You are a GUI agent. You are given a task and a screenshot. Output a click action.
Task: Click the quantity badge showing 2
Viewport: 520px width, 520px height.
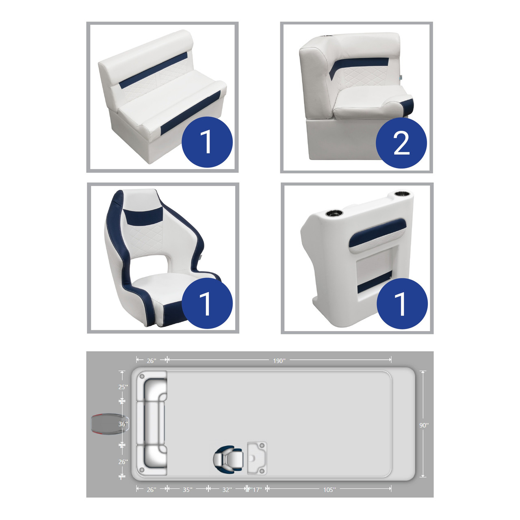[401, 143]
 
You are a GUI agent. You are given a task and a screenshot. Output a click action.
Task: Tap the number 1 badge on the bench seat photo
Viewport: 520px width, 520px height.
[207, 142]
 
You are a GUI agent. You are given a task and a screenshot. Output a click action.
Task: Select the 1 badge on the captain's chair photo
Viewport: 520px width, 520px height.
[207, 303]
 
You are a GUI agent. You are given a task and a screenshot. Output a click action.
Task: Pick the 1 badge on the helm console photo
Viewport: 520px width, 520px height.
[402, 303]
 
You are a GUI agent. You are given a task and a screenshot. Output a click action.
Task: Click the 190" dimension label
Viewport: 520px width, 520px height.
[279, 361]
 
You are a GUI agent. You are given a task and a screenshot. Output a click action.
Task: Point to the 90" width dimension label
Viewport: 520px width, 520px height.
[424, 425]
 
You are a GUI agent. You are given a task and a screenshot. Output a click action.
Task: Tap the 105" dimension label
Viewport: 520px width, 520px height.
[329, 490]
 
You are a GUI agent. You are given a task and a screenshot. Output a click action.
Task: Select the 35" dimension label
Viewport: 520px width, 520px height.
[188, 490]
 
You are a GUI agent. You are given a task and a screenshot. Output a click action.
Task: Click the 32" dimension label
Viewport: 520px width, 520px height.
[227, 490]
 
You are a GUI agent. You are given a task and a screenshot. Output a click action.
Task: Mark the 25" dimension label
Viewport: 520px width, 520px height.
[123, 387]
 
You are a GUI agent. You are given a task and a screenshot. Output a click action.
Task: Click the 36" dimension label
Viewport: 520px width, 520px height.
[123, 424]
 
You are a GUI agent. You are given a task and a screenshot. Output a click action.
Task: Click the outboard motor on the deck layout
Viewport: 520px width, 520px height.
[110, 424]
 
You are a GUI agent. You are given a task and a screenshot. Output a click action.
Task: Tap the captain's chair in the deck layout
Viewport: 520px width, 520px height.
[228, 459]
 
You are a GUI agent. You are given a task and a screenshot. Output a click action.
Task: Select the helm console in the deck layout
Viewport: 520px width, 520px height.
[257, 459]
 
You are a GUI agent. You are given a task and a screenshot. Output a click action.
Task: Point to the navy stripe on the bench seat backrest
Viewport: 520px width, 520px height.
[153, 70]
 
